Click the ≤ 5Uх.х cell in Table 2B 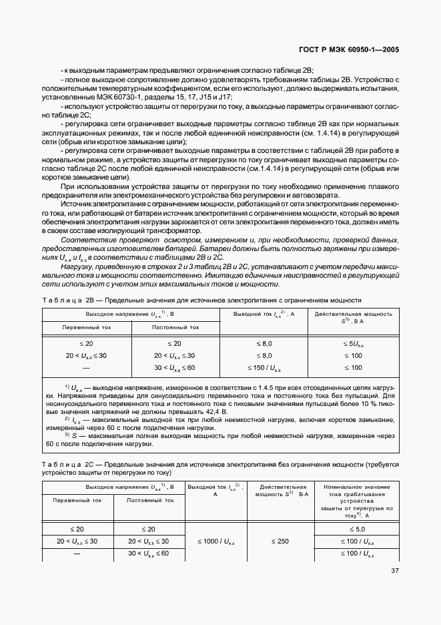tap(353, 343)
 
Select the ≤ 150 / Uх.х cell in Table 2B tap(264, 367)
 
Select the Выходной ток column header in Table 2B tap(264, 314)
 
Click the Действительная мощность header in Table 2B tap(353, 317)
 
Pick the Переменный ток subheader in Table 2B tap(87, 327)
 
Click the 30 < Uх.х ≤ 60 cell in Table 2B tap(175, 367)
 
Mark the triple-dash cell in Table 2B tap(86, 367)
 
